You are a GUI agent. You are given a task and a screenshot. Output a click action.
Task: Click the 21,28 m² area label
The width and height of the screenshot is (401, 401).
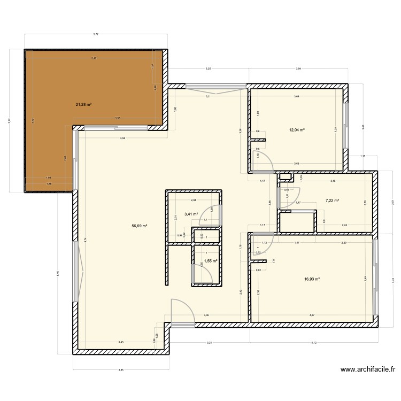[83, 104]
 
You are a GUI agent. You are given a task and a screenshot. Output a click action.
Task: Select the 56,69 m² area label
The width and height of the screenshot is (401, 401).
[139, 226]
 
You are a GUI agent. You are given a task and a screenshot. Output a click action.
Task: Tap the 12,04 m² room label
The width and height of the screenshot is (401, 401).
[297, 130]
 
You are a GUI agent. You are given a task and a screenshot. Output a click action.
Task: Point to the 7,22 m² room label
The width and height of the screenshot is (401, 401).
[333, 201]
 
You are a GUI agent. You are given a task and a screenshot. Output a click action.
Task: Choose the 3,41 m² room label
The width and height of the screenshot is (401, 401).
[191, 214]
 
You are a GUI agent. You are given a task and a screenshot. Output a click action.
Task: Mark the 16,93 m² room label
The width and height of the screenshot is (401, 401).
[312, 279]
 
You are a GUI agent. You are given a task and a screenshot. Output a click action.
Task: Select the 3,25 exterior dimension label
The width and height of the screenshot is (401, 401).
[208, 69]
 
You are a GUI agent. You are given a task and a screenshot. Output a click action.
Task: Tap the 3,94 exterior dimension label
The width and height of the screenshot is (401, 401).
[298, 69]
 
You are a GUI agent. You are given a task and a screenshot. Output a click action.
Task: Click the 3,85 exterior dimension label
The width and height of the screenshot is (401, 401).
[121, 369]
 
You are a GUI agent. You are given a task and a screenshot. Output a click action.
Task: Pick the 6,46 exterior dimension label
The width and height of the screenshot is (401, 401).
[57, 273]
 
